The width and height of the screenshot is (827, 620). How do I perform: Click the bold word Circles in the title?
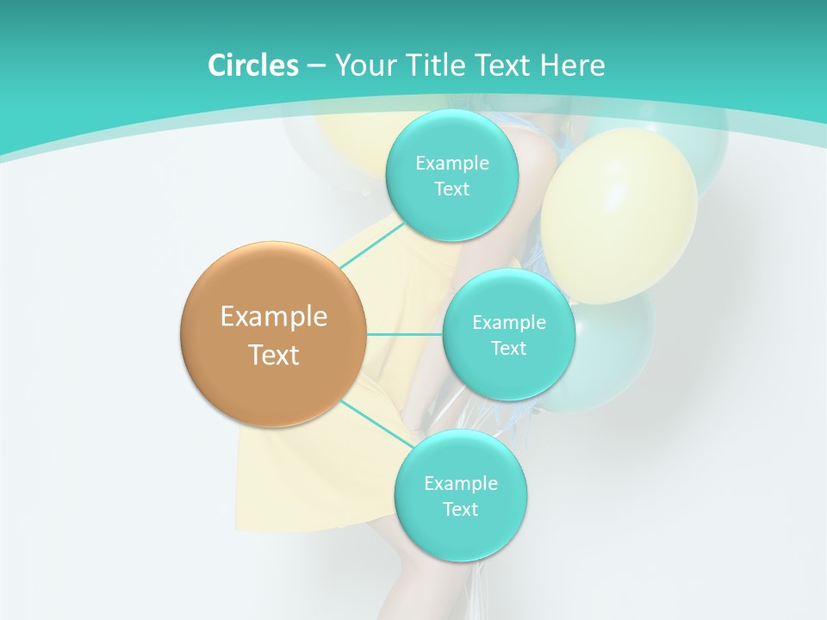click(x=253, y=65)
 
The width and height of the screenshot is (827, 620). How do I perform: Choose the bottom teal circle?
click(x=460, y=534)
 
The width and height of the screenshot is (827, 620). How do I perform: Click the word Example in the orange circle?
click(x=274, y=316)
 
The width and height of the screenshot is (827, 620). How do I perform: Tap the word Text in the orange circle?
click(x=274, y=355)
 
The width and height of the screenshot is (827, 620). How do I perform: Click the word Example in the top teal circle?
click(x=451, y=163)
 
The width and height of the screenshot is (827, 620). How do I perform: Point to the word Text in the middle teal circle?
click(x=508, y=348)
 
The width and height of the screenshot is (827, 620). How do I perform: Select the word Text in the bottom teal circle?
click(x=460, y=509)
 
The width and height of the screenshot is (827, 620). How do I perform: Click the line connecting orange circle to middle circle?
click(x=405, y=334)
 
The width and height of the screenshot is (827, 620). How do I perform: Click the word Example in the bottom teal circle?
click(x=460, y=483)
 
